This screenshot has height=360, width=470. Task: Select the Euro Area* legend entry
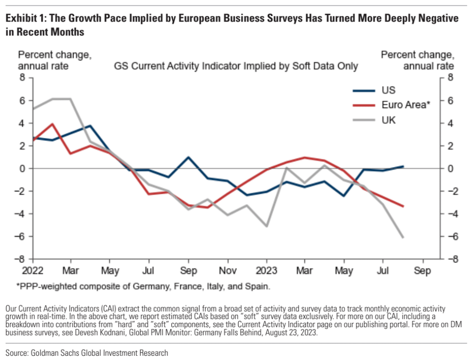pyautogui.click(x=392, y=105)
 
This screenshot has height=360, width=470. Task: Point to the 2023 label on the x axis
pyautogui.click(x=266, y=271)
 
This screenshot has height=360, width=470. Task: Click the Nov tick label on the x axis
pyautogui.click(x=228, y=271)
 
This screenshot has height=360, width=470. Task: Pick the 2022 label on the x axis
pyautogui.click(x=32, y=271)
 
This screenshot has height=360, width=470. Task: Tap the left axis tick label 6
pyautogui.click(x=22, y=100)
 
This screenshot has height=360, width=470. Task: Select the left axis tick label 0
pyautogui.click(x=22, y=169)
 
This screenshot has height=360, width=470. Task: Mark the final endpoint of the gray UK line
pyautogui.click(x=403, y=237)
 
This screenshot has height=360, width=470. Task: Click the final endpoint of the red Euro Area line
pyautogui.click(x=403, y=207)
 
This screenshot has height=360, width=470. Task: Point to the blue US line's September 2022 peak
pyautogui.click(x=188, y=157)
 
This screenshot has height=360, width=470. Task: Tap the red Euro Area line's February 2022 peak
pyautogui.click(x=53, y=124)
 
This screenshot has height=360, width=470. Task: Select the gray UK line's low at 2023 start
pyautogui.click(x=266, y=226)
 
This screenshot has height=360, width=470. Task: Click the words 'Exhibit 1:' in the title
pyautogui.click(x=26, y=19)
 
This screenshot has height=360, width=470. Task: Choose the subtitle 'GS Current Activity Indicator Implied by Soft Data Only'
pyautogui.click(x=236, y=66)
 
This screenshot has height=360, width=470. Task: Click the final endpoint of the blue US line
pyautogui.click(x=403, y=166)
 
